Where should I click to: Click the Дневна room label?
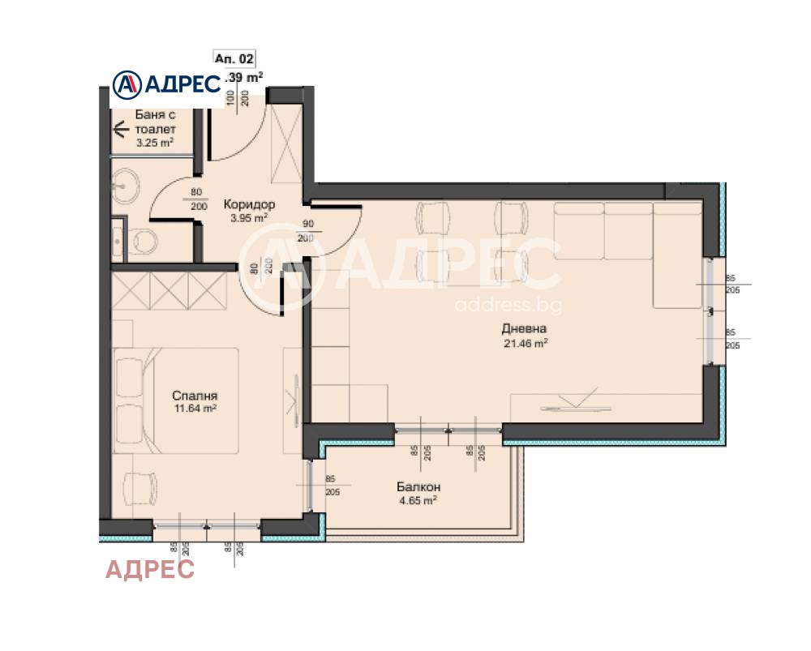[x=524, y=329]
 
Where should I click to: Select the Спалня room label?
[x=195, y=396]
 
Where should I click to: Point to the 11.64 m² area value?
[x=195, y=409]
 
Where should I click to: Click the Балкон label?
[x=418, y=487]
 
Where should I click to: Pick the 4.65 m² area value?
[x=418, y=500]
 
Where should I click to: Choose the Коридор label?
[x=249, y=205]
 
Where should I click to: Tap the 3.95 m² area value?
[x=249, y=218]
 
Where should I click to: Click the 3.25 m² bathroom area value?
[x=154, y=143]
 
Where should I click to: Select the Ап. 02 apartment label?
[x=234, y=58]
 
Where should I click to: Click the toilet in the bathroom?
[x=144, y=240]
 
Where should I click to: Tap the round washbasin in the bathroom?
[x=126, y=184]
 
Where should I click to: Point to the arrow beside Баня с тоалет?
[x=122, y=128]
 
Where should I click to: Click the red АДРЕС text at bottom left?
[x=150, y=570]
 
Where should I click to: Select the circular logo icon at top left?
[x=126, y=84]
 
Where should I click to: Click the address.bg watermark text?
[x=508, y=306]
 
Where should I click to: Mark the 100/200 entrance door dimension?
[x=238, y=99]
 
